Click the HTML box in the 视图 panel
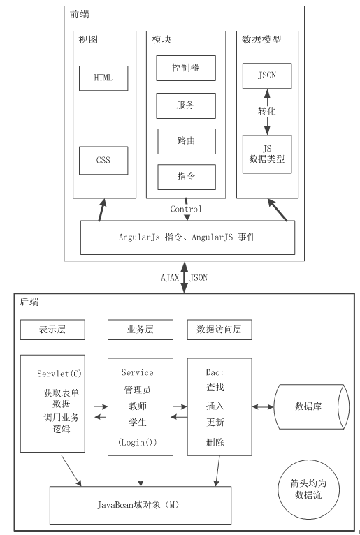click(103, 78)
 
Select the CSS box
click(103, 161)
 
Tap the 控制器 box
click(186, 68)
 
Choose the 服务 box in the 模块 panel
click(186, 105)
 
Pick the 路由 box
click(187, 141)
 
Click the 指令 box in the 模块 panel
click(187, 177)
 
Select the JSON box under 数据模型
click(267, 75)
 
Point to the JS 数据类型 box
click(267, 154)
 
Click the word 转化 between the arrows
click(267, 111)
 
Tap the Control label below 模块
click(186, 209)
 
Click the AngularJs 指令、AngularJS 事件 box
click(187, 237)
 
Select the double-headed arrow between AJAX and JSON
click(184, 277)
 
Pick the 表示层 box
click(52, 330)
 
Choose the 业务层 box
click(141, 330)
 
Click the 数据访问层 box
click(219, 330)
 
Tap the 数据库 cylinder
click(312, 406)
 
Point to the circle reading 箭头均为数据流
click(308, 490)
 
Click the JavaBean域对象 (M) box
click(141, 505)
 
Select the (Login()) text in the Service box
click(137, 443)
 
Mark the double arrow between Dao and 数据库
click(263, 406)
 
